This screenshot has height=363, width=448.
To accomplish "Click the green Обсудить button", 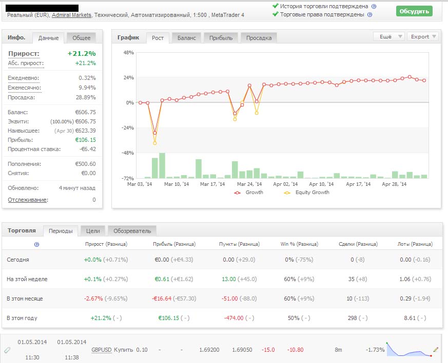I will tap(414, 11).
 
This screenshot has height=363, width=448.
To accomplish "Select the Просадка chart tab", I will tap(259, 38).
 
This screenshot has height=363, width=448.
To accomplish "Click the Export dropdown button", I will tap(423, 36).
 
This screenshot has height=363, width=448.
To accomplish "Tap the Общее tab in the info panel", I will tap(81, 38).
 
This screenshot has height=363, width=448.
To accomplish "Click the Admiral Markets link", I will tap(72, 15).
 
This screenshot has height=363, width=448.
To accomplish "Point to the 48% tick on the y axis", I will tap(128, 53).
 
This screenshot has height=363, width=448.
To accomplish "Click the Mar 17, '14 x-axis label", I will tap(212, 184).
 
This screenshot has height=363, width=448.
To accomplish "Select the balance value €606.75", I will tap(85, 112).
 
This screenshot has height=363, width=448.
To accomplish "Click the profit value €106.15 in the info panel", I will tap(85, 140).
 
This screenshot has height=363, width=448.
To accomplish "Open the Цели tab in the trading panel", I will tap(93, 231).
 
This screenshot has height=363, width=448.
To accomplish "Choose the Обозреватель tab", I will tap(132, 231).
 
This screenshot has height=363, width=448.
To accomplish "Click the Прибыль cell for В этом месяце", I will tap(174, 298).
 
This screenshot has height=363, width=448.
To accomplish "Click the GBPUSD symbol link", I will tap(101, 350).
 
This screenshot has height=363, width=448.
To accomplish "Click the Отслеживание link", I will tap(27, 200).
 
